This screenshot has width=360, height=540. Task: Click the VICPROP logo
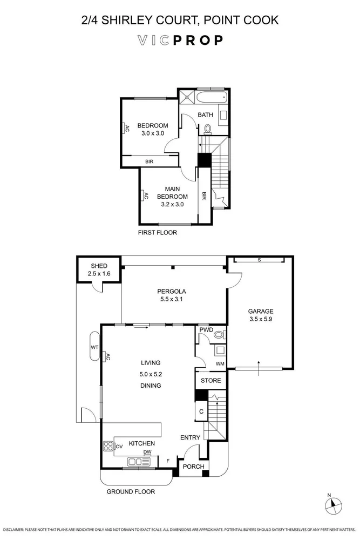180,40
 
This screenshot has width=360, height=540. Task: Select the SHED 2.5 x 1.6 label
98,270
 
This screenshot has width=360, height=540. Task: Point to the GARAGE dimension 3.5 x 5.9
261,319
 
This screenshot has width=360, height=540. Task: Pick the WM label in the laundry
220,363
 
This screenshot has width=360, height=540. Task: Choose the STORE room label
211,381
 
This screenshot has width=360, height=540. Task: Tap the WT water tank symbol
93,347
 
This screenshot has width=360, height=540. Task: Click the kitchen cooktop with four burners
108,446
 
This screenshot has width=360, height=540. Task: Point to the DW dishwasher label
147,453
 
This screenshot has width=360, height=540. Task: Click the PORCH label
194,467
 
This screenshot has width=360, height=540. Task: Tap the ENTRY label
191,437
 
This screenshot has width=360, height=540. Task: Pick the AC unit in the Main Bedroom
144,196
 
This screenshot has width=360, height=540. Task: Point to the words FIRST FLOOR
157,233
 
